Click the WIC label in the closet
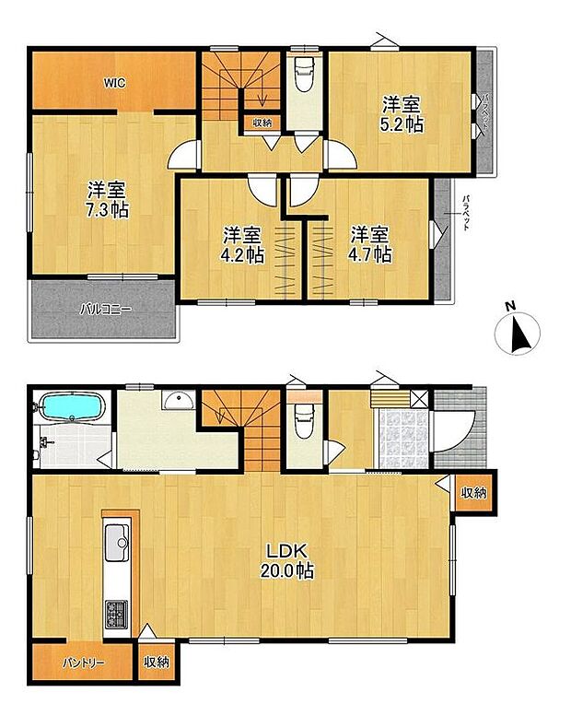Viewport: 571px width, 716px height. click(x=114, y=83)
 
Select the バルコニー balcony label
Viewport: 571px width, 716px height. click(x=105, y=310)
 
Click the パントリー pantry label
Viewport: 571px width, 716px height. click(x=84, y=663)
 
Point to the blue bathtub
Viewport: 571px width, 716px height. click(x=70, y=406)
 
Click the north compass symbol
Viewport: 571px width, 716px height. click(x=517, y=335)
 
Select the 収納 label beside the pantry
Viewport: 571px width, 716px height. click(x=157, y=662)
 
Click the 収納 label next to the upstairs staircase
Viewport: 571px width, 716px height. click(x=262, y=123)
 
